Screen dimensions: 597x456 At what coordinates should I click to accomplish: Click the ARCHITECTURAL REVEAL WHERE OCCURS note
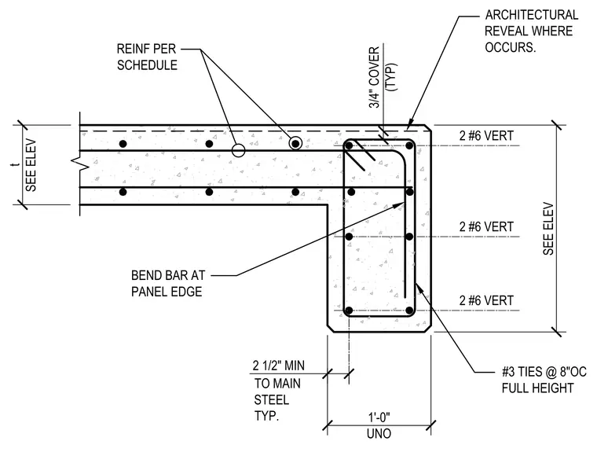pos(532,31)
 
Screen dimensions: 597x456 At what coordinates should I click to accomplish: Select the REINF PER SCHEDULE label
pos(147,57)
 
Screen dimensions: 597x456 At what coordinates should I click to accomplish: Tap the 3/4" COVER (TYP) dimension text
pos(383,77)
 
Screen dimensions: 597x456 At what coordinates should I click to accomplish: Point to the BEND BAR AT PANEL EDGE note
pos(168,284)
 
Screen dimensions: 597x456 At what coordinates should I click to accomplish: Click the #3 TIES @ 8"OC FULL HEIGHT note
pos(544,380)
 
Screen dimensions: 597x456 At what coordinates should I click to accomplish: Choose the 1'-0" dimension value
pos(379,417)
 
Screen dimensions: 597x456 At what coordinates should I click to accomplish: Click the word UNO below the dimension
pos(379,433)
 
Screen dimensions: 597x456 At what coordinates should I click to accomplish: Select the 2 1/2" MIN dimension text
pos(279,366)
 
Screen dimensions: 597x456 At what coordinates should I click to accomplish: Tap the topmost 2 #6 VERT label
pos(486,135)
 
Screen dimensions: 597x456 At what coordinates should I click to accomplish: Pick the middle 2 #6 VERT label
pos(486,226)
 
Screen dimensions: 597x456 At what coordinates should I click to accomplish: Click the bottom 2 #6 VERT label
pos(486,300)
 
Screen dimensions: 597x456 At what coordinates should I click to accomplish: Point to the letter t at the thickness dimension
pos(16,164)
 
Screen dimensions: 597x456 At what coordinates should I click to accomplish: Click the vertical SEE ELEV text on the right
pos(548,229)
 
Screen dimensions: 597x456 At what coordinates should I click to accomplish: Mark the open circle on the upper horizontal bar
pos(238,150)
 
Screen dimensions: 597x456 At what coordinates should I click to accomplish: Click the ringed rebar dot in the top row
pos(295,144)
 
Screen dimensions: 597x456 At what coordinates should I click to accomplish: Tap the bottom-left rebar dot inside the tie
pos(349,311)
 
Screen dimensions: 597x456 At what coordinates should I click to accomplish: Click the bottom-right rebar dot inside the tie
pos(409,311)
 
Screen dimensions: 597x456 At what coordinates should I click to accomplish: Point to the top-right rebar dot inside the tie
pos(409,145)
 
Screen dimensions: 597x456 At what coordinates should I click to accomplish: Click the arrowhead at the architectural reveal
pos(410,124)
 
